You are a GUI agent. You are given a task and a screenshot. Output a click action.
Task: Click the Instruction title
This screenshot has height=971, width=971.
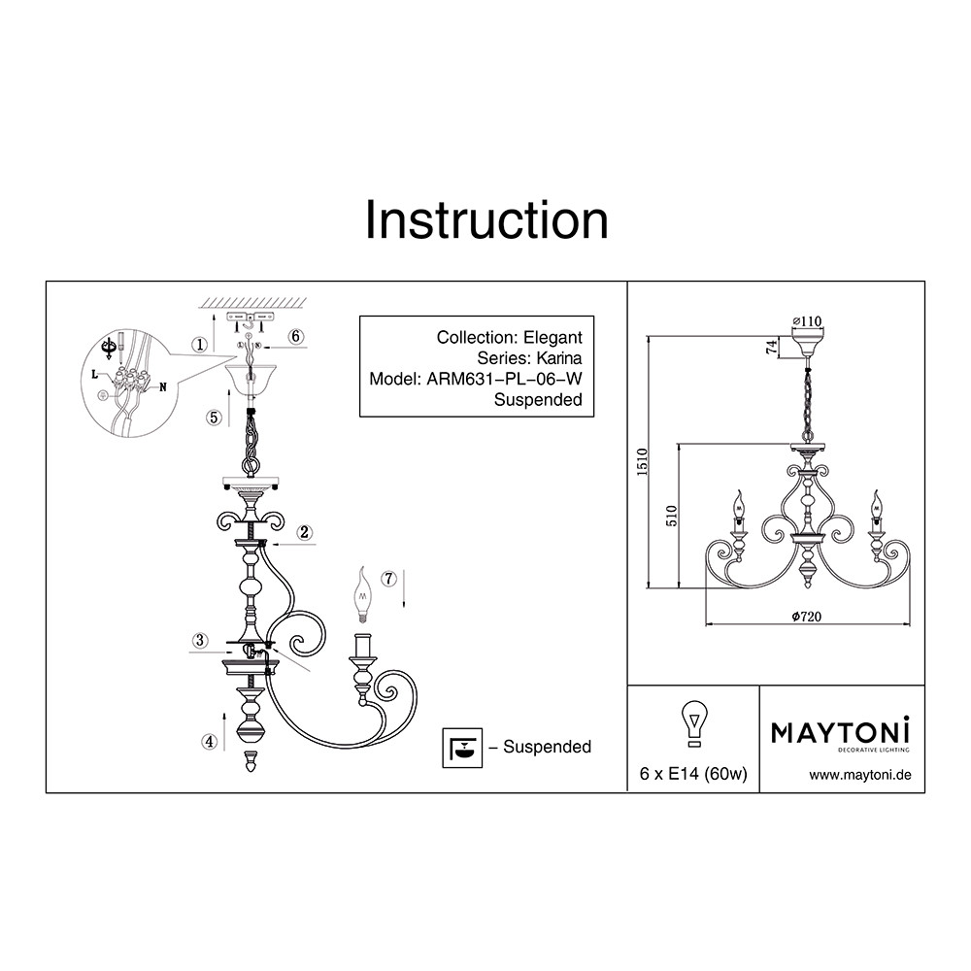point(486,220)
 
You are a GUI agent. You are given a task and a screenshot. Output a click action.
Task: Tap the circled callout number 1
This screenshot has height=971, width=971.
point(199,345)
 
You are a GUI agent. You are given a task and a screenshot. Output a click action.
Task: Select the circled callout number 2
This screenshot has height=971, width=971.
point(304,532)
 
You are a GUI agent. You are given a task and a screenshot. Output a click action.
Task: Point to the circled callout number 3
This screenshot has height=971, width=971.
point(199,640)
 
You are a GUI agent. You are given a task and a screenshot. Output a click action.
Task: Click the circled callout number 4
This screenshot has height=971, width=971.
point(210,741)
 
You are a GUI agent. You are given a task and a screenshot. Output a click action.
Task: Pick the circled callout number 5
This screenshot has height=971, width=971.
point(214,418)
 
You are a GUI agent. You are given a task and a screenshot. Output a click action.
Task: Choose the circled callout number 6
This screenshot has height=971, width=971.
point(296,336)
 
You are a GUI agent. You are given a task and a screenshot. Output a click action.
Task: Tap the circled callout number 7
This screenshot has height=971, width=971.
point(388,579)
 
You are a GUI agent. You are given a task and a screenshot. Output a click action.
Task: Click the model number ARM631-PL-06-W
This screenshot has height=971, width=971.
point(504,379)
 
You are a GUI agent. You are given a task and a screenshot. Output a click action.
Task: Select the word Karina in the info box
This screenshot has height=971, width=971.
point(559,358)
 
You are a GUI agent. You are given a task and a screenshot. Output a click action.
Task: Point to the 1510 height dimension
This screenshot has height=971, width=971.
point(642,462)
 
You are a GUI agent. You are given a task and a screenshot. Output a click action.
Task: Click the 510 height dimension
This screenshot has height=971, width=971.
point(672,516)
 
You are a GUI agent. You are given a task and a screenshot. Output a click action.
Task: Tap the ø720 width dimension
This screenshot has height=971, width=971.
point(806,617)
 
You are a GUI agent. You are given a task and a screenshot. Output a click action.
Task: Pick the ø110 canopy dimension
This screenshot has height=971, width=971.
point(808,320)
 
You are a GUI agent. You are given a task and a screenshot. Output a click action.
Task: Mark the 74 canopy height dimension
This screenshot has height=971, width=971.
point(772,347)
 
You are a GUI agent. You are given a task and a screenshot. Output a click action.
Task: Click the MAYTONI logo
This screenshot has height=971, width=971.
point(840,734)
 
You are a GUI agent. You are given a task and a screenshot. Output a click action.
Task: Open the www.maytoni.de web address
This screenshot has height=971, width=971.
point(860,775)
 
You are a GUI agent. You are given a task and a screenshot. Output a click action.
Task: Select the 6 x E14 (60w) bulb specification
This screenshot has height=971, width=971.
point(693,774)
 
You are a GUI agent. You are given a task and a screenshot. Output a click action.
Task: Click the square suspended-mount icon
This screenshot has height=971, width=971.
point(462,748)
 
